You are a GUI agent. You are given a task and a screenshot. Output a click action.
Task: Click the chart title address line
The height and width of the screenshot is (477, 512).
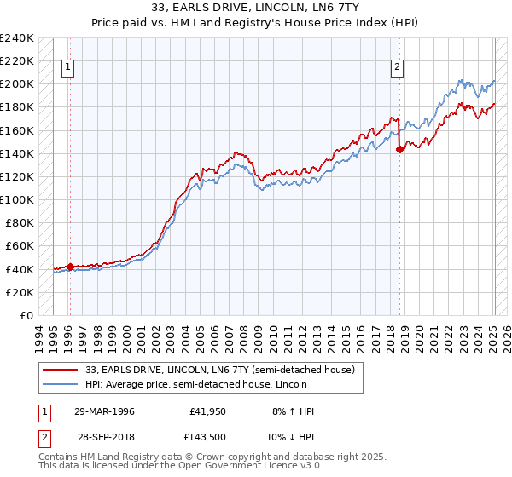pyautogui.click(x=256, y=9)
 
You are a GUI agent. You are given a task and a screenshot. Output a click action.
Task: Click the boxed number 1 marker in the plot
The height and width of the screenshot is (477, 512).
pyautogui.click(x=67, y=67)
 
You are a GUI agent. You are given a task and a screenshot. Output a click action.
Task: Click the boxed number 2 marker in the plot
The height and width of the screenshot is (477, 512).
pyautogui.click(x=398, y=67)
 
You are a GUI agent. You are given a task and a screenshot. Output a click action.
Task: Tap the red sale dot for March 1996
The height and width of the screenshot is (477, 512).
pyautogui.click(x=70, y=267)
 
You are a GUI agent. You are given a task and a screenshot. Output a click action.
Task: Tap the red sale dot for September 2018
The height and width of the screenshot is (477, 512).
pyautogui.click(x=399, y=149)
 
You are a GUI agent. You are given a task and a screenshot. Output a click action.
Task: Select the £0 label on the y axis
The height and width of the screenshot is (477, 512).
pyautogui.click(x=26, y=315)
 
